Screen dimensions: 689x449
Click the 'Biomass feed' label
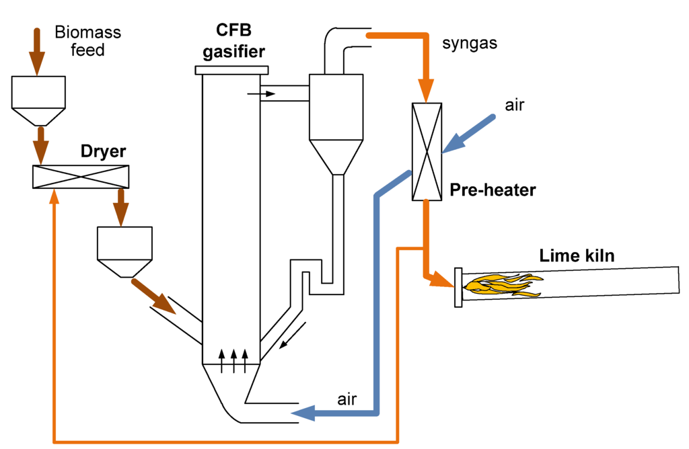click(x=88, y=41)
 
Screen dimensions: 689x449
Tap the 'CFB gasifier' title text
click(x=233, y=41)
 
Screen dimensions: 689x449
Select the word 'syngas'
click(x=470, y=44)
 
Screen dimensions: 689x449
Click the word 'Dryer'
click(x=103, y=151)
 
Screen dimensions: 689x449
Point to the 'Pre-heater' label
click(x=493, y=190)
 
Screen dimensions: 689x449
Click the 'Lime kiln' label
click(x=577, y=255)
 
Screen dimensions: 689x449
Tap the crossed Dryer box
click(x=81, y=177)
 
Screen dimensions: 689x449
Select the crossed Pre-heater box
click(x=427, y=152)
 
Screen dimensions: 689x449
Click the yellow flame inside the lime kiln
click(x=503, y=285)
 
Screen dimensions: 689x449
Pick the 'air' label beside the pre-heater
click(x=515, y=106)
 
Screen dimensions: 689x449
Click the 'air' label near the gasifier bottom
click(x=347, y=399)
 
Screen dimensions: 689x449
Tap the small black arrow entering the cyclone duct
click(x=261, y=94)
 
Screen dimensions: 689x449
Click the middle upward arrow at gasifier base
click(x=233, y=361)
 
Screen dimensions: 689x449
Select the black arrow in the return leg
click(x=293, y=335)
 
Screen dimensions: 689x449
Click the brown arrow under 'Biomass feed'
click(x=38, y=52)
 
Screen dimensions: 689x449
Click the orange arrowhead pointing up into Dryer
click(x=54, y=196)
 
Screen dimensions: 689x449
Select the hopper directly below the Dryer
click(x=124, y=252)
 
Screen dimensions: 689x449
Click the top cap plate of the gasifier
click(x=231, y=70)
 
